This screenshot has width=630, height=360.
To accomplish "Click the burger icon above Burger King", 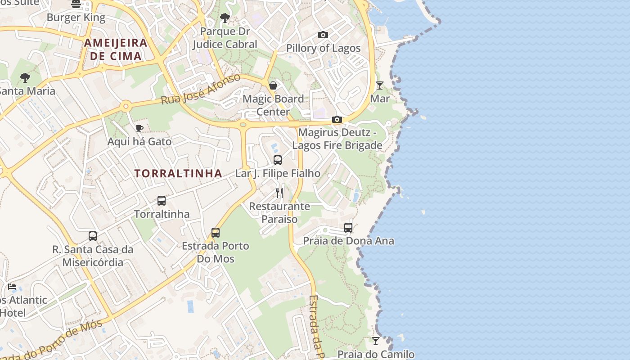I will click(76, 4).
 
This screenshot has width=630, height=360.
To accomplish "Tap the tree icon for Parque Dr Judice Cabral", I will click(225, 18).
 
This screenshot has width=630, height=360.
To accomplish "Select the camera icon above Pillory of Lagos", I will click(323, 35).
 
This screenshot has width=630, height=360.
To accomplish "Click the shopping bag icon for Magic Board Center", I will click(273, 85).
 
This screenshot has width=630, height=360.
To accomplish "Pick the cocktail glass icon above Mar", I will click(380, 85).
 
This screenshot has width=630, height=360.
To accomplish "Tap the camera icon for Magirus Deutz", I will click(337, 119).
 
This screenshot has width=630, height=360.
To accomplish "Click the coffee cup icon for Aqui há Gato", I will click(139, 128).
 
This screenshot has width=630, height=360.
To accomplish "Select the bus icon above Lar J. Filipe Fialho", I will click(278, 160).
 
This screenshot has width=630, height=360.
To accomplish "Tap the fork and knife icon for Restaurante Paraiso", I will click(279, 193).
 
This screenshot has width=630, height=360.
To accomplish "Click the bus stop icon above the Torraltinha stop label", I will click(162, 201).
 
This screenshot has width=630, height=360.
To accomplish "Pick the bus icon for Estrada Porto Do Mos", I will click(216, 232).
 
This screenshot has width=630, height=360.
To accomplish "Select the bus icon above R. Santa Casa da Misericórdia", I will click(93, 236).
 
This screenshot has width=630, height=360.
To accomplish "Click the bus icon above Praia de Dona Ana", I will click(348, 228).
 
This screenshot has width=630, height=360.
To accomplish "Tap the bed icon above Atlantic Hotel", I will click(12, 287).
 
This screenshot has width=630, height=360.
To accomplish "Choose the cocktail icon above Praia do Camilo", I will click(376, 341).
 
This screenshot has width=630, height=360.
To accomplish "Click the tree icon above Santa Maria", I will click(25, 78).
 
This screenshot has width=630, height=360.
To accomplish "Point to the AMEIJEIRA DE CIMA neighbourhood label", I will click(116, 49).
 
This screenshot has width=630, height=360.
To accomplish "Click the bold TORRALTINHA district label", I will click(178, 173).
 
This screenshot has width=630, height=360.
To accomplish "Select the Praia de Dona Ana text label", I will click(348, 241).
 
